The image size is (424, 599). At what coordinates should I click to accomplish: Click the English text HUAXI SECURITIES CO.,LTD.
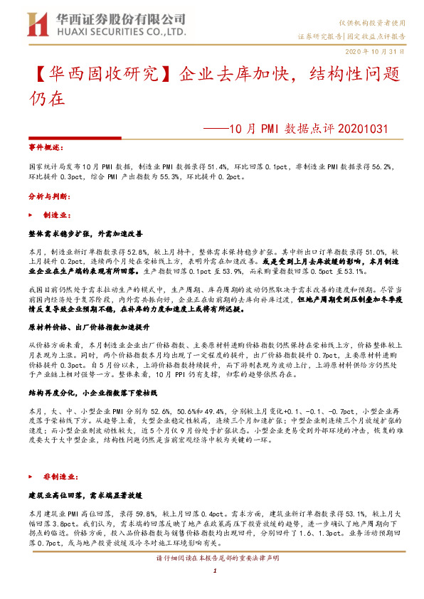point(117,32)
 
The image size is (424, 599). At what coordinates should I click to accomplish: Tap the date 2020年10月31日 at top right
point(376,52)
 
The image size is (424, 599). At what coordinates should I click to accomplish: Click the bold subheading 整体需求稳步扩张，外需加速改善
point(86,233)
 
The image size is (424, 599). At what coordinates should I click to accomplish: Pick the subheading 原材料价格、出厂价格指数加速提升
point(88,327)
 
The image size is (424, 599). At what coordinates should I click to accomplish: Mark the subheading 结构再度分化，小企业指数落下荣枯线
point(89,392)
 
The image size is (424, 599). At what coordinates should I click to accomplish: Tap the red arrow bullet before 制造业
point(30,213)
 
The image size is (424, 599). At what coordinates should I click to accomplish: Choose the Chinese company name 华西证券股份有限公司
point(116,18)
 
